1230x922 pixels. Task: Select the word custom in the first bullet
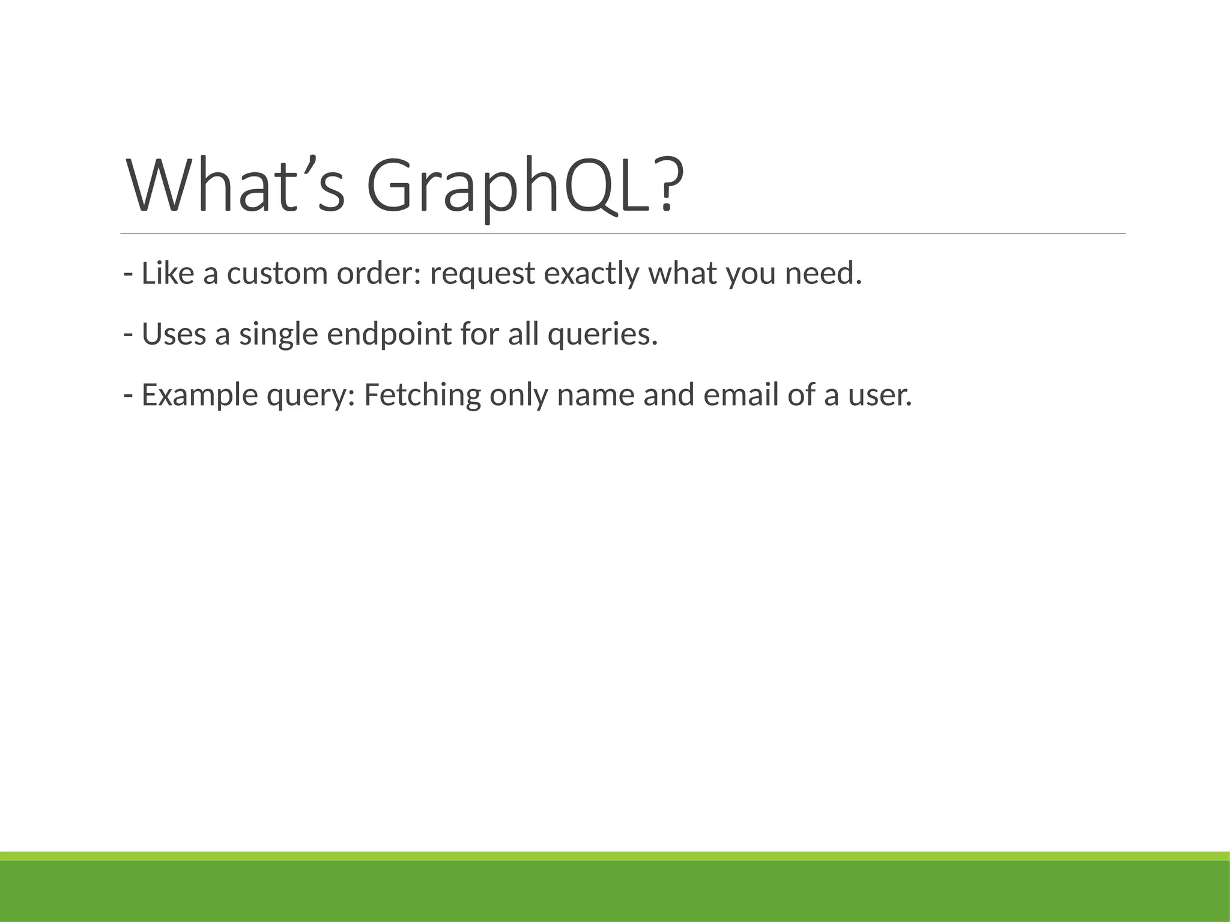[277, 274]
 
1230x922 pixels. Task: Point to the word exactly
[591, 274]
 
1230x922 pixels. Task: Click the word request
[482, 275]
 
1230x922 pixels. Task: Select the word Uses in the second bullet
[174, 334]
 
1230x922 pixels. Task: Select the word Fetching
[422, 396]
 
